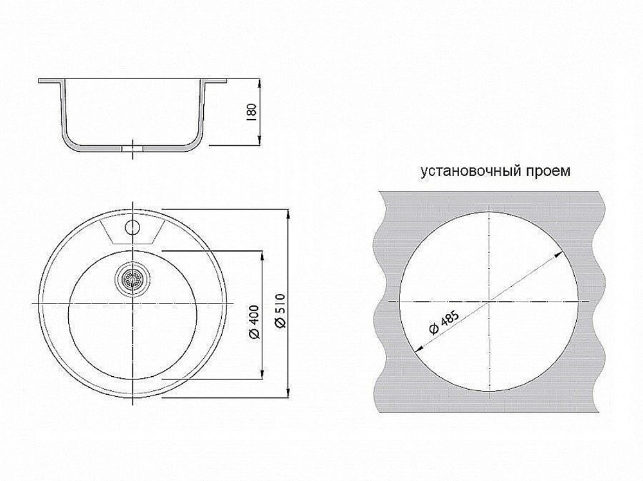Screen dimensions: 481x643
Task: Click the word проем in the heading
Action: [x=550, y=172]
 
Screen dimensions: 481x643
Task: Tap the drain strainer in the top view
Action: [x=132, y=279]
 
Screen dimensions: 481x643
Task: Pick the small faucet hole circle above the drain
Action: [x=132, y=226]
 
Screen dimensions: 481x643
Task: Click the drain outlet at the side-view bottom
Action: [x=132, y=148]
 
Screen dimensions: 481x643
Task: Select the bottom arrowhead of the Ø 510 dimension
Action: [x=287, y=394]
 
